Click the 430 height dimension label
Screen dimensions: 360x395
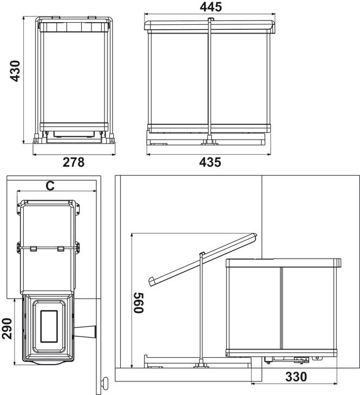tap(15, 71)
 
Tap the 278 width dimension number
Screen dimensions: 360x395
tap(74, 162)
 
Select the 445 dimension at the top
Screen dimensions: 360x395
tap(211, 7)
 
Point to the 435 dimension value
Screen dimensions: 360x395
tap(210, 162)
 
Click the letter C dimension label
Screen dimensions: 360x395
tap(50, 186)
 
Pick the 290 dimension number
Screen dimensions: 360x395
tap(7, 329)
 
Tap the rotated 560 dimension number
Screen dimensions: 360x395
tap(139, 302)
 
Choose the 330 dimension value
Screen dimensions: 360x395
tap(296, 377)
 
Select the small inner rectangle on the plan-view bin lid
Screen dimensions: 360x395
tap(49, 326)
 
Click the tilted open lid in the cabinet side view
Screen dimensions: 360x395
tap(202, 260)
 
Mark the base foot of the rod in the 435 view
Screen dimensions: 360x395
tap(210, 141)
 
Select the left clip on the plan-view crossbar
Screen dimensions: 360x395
tap(34, 249)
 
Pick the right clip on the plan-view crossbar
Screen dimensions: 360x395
tap(61, 249)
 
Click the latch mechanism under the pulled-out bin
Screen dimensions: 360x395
tap(302, 360)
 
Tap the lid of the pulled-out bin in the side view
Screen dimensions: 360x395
tap(284, 263)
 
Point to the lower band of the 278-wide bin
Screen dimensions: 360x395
tap(74, 127)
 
